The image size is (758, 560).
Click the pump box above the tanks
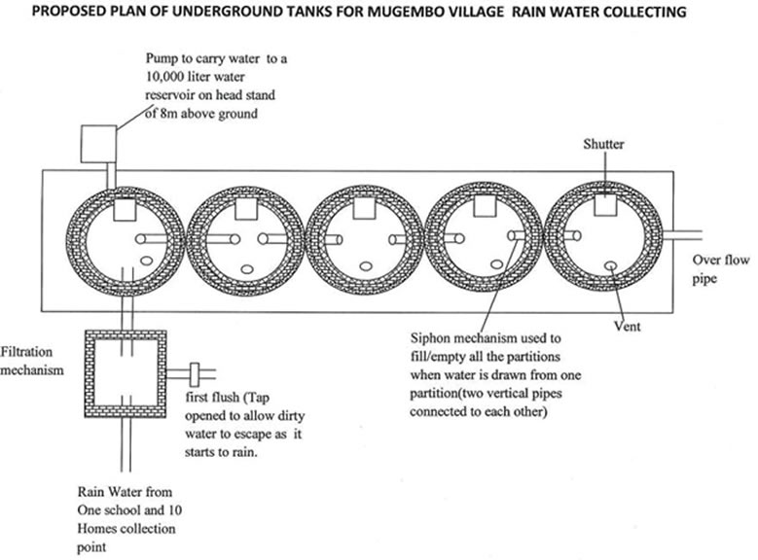coord(93,142)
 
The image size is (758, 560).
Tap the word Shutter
coord(603,145)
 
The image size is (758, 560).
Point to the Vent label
coord(628,326)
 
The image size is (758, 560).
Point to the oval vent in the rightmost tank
coord(609,263)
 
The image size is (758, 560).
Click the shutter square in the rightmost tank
coord(604,204)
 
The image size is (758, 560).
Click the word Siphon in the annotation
coord(434,339)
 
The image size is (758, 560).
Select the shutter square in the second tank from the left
coord(240,206)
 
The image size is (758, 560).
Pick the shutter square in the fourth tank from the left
coord(484,205)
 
